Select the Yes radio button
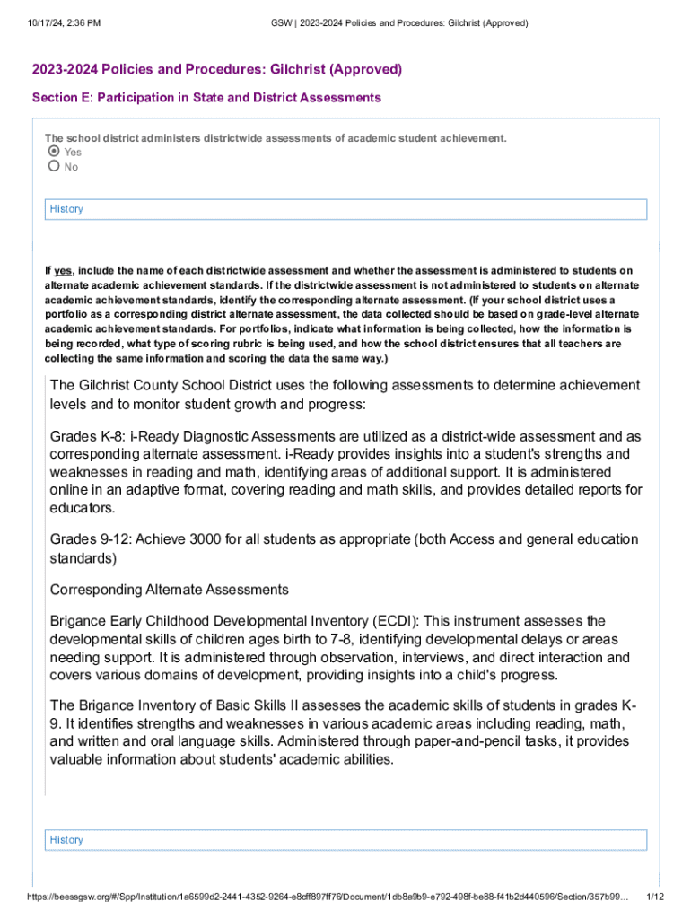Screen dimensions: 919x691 54,152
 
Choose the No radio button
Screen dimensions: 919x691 54,166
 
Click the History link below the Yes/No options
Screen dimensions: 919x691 66,209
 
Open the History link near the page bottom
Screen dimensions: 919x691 66,840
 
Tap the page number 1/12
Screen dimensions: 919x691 655,897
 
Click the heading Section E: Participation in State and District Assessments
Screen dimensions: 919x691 206,97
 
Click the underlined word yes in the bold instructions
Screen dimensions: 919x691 63,270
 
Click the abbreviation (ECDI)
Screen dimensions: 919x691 393,621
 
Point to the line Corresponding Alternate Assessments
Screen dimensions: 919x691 170,590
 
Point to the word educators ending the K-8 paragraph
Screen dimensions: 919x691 83,508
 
